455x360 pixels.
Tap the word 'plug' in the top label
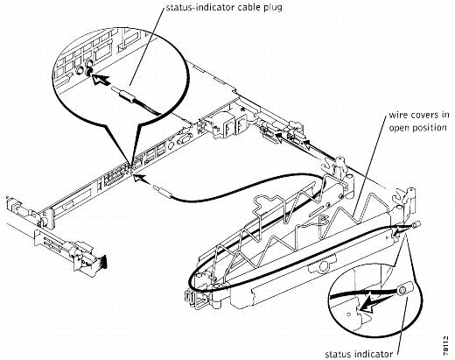[x=273, y=8]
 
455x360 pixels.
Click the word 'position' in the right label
[x=428, y=128]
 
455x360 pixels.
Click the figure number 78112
[x=445, y=346]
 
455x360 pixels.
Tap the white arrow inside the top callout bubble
[x=101, y=80]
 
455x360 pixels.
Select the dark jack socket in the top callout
[x=88, y=72]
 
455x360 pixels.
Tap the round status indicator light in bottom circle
[x=402, y=290]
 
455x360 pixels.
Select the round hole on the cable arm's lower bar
[x=323, y=265]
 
